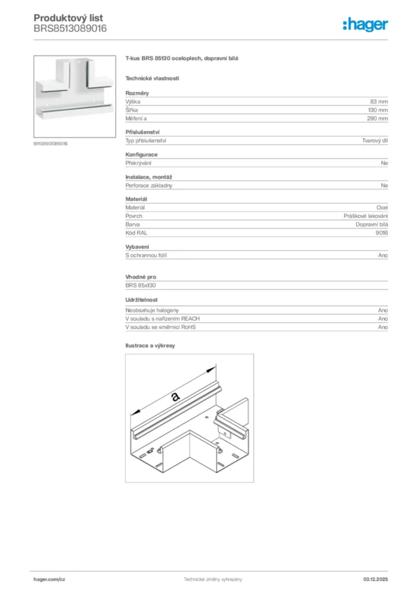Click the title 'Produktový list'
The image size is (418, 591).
click(68, 18)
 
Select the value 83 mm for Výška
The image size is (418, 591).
click(379, 101)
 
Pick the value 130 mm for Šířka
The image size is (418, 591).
click(378, 110)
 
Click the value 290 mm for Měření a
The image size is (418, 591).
click(378, 118)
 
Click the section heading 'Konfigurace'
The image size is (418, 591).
click(141, 155)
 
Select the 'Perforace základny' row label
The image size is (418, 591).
click(149, 186)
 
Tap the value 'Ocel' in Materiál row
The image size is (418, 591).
click(382, 207)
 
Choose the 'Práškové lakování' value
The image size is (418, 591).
click(365, 216)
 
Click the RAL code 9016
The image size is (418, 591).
click(381, 233)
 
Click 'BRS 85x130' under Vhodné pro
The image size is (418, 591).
click(141, 285)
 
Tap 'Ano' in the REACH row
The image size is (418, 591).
click(383, 319)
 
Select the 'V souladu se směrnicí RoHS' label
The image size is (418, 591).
click(161, 327)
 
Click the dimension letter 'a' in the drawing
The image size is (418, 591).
click(175, 397)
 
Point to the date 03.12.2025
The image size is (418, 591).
click(375, 579)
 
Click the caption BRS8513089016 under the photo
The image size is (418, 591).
click(51, 143)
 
